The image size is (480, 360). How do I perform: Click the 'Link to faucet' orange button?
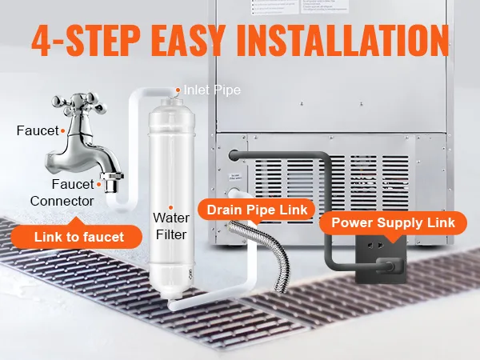(x=79, y=236)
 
